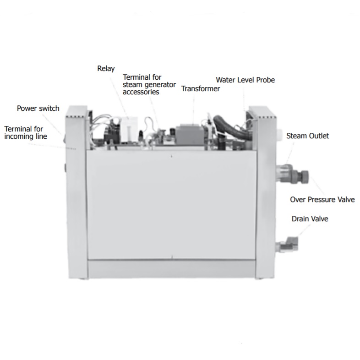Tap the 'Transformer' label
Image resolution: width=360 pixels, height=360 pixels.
[x=200, y=89]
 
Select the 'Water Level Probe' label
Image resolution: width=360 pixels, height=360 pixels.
[x=245, y=80]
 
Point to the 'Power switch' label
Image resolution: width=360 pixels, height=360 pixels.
[x=38, y=109]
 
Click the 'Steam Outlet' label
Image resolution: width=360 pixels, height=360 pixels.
[x=307, y=136]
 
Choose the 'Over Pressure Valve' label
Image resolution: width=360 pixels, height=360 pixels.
[x=322, y=199]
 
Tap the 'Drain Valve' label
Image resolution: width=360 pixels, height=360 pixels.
[x=310, y=219]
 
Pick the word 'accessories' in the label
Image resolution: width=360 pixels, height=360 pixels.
[x=141, y=92]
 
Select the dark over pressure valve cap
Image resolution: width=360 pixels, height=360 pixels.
[x=302, y=176]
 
